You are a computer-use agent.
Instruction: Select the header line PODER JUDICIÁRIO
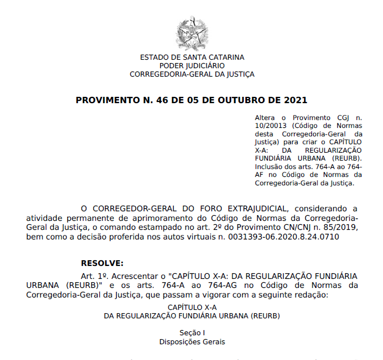192,65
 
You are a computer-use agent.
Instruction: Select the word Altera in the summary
265,118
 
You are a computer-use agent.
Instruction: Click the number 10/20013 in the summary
272,126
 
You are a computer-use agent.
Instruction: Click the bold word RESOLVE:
102,263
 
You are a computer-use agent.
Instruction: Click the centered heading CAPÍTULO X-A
192,307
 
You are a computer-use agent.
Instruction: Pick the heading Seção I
192,332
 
